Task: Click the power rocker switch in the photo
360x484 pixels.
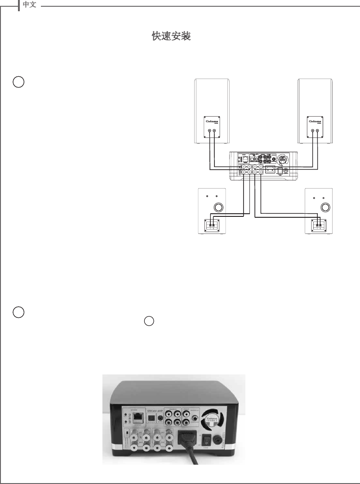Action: (207, 438)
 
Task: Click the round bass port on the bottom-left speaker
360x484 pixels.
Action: (218, 207)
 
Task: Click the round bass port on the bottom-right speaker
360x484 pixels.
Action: (325, 207)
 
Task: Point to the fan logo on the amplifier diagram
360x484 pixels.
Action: (282, 160)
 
